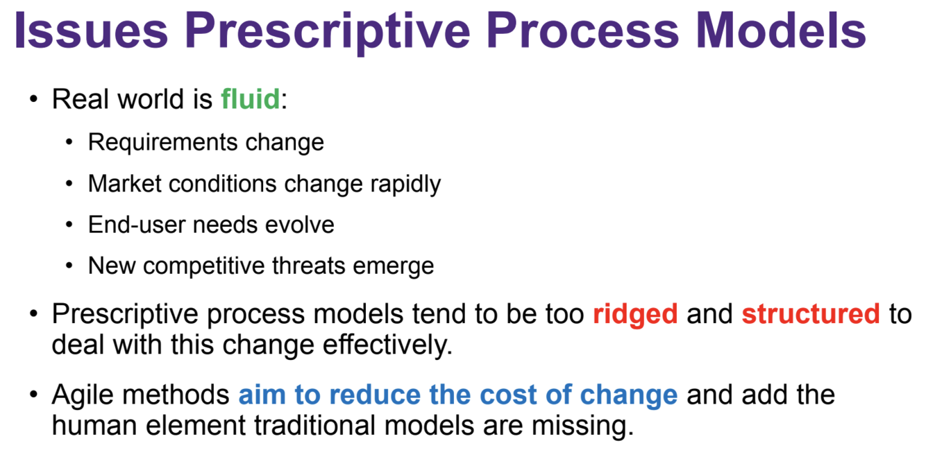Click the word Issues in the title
92,31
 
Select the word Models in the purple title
780,31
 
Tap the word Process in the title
583,31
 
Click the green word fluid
251,99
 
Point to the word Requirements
163,143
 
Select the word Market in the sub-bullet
124,183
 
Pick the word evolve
299,225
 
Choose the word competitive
203,266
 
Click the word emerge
393,267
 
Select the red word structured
811,314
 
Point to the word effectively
387,345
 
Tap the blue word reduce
375,395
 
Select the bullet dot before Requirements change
69,142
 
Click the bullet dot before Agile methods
34,395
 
